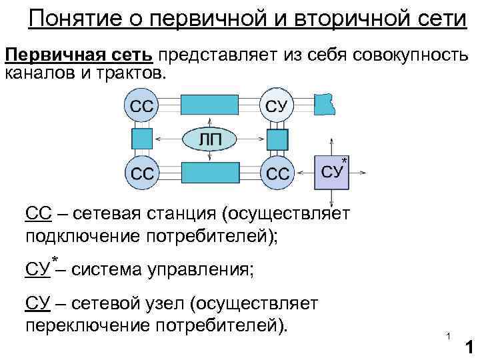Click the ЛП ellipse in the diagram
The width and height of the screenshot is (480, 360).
pyautogui.click(x=209, y=139)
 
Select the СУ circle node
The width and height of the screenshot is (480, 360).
pyautogui.click(x=277, y=105)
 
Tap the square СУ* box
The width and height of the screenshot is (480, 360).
pyautogui.click(x=333, y=172)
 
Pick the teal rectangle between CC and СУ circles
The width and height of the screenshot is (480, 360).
pyautogui.click(x=208, y=105)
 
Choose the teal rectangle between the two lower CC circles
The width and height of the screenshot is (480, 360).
pyautogui.click(x=209, y=172)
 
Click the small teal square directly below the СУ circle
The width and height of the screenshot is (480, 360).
pyautogui.click(x=277, y=139)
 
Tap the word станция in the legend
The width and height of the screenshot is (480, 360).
pyautogui.click(x=175, y=214)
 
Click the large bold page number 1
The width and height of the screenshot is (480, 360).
pyautogui.click(x=468, y=348)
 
